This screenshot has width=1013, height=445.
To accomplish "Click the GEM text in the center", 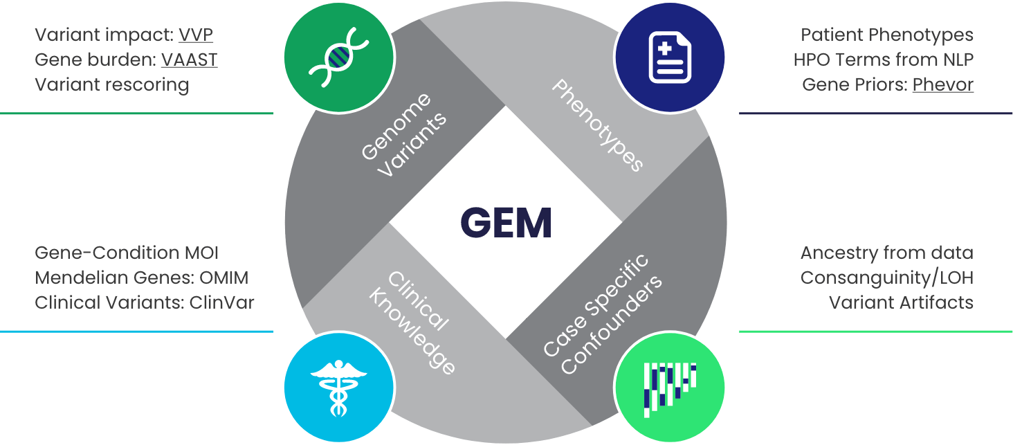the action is (x=506, y=223).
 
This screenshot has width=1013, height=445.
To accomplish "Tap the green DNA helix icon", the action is (x=338, y=58).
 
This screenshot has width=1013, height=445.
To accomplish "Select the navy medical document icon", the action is (x=670, y=58).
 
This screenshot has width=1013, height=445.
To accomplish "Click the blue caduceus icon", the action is (x=338, y=388).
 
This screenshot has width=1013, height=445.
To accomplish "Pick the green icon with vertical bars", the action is (x=670, y=388).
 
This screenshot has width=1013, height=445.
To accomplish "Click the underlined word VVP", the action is (x=196, y=35).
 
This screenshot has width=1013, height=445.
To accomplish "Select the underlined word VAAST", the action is (x=189, y=60).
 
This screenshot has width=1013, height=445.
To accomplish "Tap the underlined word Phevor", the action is (x=942, y=84).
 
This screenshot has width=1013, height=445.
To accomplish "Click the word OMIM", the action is (x=224, y=278).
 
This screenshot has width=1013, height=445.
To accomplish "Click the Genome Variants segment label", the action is (x=404, y=134).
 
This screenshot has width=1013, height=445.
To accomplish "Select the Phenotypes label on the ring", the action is (x=598, y=125).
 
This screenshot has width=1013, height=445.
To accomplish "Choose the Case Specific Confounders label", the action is (x=602, y=315).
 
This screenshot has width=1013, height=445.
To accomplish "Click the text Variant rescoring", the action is (x=112, y=84).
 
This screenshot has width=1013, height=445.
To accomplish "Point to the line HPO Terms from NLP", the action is (x=883, y=60).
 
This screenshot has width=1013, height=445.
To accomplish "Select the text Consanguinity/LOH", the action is (x=886, y=278).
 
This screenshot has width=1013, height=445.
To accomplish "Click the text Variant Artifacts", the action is (x=901, y=302).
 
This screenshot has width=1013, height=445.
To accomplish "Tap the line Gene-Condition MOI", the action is (x=127, y=253).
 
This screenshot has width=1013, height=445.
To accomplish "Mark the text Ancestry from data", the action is (x=886, y=253).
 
